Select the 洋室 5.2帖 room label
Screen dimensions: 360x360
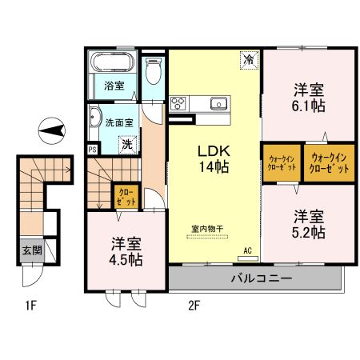click(307, 224)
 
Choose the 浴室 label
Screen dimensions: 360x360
click(114, 86)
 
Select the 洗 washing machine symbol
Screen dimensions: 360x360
click(126, 145)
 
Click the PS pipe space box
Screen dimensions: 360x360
click(93, 148)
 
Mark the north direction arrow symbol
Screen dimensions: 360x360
click(51, 128)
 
